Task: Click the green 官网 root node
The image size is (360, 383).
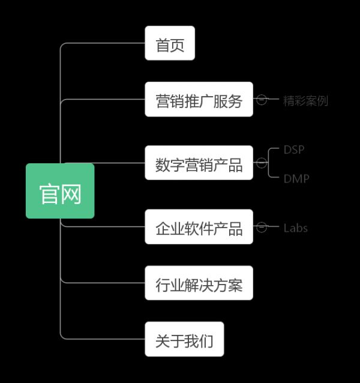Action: tap(60, 191)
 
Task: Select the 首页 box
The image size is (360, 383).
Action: tap(170, 43)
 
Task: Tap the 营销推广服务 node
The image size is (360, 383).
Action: tap(199, 99)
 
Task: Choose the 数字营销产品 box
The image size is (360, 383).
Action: tap(199, 163)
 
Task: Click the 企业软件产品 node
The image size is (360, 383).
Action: tap(199, 227)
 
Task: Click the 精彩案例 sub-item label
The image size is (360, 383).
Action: tap(305, 100)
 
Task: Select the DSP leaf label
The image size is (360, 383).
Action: tap(294, 149)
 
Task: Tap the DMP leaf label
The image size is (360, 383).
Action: tap(296, 178)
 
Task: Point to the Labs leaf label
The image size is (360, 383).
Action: tap(295, 228)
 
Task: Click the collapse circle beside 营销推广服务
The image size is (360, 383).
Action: tap(262, 100)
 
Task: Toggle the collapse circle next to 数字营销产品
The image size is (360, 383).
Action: tap(262, 163)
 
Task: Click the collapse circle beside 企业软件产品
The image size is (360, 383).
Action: tap(262, 227)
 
